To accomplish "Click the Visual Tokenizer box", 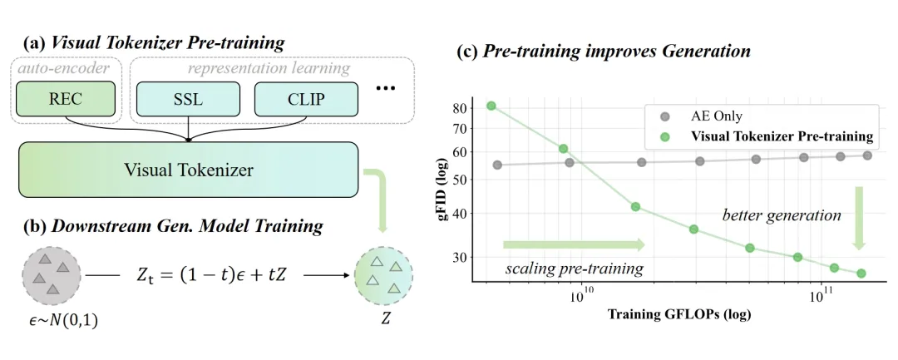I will (188, 170).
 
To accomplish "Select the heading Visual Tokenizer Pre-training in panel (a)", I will (154, 42).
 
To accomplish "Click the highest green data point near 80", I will (491, 106).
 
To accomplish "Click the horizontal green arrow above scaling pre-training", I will (573, 244).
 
